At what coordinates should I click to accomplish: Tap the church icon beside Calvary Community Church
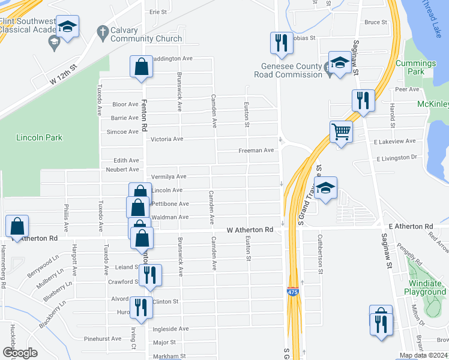[x=103, y=31]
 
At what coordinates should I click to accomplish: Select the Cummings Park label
[x=420, y=67]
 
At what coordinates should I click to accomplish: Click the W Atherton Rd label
[x=250, y=230]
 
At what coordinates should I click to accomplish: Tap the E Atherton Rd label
[x=411, y=226]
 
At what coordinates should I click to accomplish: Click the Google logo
[x=19, y=353]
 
